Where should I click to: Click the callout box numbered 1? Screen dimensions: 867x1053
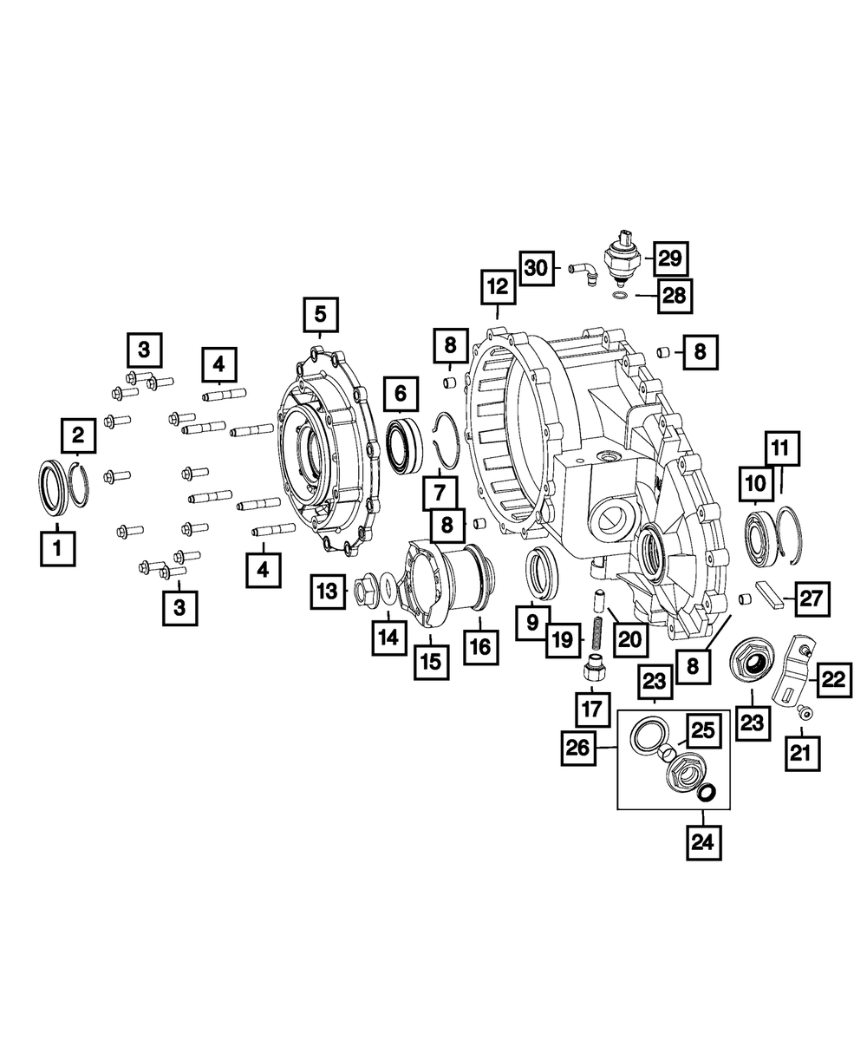tap(58, 548)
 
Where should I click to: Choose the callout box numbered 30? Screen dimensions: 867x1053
tap(538, 268)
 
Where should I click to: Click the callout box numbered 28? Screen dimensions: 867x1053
tap(674, 296)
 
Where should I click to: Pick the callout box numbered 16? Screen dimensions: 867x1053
tap(480, 646)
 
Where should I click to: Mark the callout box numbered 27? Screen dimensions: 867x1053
tap(811, 598)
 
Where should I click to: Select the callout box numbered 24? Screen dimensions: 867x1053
tap(703, 841)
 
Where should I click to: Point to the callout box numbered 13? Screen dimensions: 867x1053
tap(328, 592)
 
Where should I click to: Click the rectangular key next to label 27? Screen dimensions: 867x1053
tap(769, 598)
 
